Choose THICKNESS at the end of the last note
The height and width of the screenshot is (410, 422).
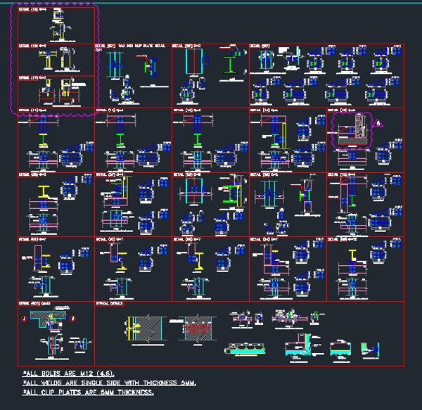tap(136, 392)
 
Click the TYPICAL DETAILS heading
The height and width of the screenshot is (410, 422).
tap(109, 304)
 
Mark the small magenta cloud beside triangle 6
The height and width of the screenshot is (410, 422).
tap(350, 131)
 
